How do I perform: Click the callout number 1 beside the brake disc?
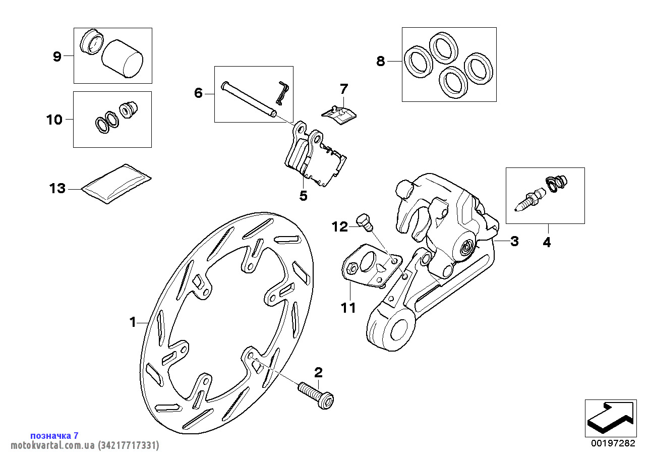click(x=133, y=322)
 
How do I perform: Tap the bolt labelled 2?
click(x=316, y=395)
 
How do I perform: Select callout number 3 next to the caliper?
click(x=514, y=241)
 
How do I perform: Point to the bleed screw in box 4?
click(x=529, y=199)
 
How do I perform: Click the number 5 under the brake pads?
click(x=303, y=196)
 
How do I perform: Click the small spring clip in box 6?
click(x=282, y=92)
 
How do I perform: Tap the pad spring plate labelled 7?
click(x=339, y=115)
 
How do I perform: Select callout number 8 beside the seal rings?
click(x=380, y=61)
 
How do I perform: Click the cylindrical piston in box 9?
click(x=122, y=59)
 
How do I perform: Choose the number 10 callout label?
click(x=54, y=120)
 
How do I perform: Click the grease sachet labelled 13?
click(x=116, y=184)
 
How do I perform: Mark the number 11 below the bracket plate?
click(x=348, y=308)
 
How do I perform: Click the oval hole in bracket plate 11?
click(x=368, y=262)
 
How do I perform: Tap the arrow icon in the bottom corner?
click(x=611, y=418)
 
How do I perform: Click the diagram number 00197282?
click(x=613, y=443)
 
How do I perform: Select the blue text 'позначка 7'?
click(x=54, y=435)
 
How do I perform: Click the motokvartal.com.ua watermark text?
click(x=85, y=445)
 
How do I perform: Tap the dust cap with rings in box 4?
click(x=556, y=184)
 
